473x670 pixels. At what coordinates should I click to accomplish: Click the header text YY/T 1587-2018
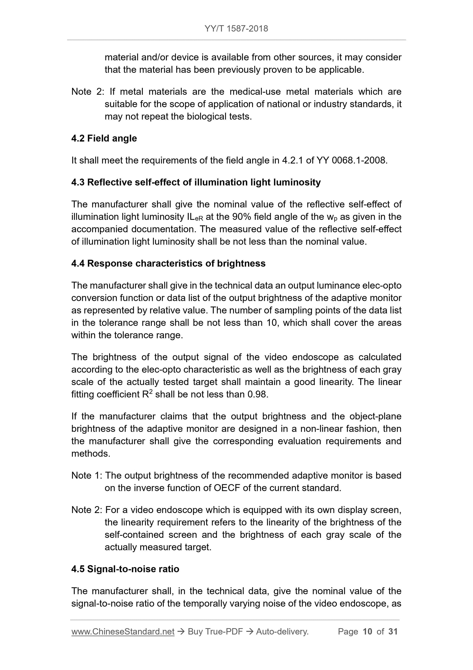236,29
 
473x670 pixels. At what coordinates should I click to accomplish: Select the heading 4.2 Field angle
104,138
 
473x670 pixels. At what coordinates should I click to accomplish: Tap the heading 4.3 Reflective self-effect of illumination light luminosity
196,182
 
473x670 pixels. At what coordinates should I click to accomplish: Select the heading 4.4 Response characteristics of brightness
168,264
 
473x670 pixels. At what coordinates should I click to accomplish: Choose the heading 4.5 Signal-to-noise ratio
125,569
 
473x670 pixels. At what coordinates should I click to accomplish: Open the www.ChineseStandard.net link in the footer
123,632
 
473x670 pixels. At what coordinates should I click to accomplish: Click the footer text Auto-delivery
282,632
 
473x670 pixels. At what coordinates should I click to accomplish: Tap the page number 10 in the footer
368,632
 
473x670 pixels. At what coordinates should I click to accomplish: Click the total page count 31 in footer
393,632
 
